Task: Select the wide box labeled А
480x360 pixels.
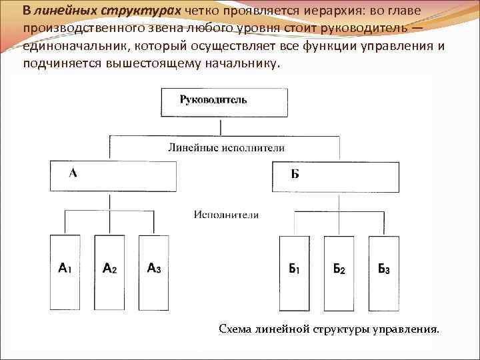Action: (113, 176)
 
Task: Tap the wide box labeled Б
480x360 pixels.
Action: (335, 177)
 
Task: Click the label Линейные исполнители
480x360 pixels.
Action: (226, 148)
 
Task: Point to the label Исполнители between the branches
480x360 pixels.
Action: (227, 215)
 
